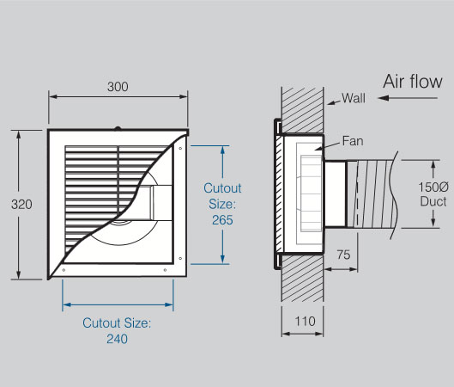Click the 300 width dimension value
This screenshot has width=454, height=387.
pyautogui.click(x=118, y=87)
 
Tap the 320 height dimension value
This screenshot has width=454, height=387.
pyautogui.click(x=21, y=205)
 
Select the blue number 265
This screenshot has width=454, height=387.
pyautogui.click(x=222, y=220)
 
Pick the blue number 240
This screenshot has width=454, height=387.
pyautogui.click(x=117, y=339)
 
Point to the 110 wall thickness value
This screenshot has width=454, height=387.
pyautogui.click(x=306, y=322)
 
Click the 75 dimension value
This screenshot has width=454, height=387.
pyautogui.click(x=343, y=255)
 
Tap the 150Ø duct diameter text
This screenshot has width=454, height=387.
pyautogui.click(x=433, y=187)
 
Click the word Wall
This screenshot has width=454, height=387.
pyautogui.click(x=354, y=98)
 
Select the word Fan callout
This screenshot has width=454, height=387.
pyautogui.click(x=353, y=141)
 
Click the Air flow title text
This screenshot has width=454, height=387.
pyautogui.click(x=413, y=82)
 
